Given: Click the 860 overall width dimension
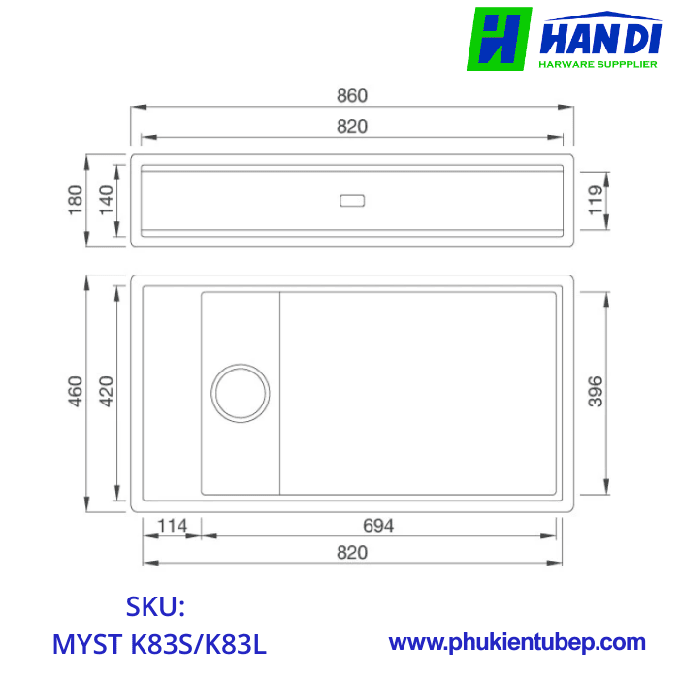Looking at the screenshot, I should coord(352,96).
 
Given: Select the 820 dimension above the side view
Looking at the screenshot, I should coord(352,127).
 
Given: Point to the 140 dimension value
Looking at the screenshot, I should coord(107,201).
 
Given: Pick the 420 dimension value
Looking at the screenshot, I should coord(107,393).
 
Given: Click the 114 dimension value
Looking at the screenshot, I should coord(173,526).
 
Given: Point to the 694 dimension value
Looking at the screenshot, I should coord(378,526).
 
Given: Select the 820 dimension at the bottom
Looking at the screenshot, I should coord(352,552).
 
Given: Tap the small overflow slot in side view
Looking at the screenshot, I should coord(351,201).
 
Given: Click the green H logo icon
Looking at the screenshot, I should coord(499,39).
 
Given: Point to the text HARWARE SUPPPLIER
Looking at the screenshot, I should coord(598,65).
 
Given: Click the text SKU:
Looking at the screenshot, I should coord(155,607).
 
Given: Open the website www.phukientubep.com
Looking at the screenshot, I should coord(517,642).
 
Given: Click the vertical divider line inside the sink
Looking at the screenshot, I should coord(281,393).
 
